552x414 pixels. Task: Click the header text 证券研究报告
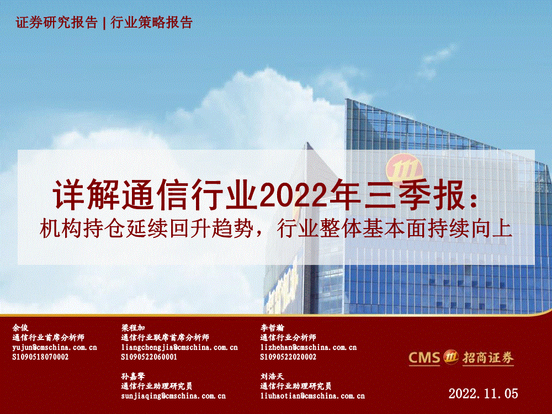pyautogui.click(x=57, y=23)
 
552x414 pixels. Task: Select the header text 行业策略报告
pyautogui.click(x=152, y=23)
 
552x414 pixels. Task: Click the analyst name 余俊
pyautogui.click(x=20, y=328)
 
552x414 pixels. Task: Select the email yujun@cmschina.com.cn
pyautogui.click(x=55, y=347)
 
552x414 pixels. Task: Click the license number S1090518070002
pyautogui.click(x=40, y=357)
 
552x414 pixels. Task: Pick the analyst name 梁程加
pyautogui.click(x=133, y=328)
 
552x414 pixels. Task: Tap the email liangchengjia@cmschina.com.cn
pyautogui.click(x=179, y=347)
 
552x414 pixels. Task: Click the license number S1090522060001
pyautogui.click(x=149, y=357)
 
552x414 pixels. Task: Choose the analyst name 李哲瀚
pyautogui.click(x=272, y=328)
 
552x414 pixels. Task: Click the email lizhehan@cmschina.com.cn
pyautogui.click(x=309, y=347)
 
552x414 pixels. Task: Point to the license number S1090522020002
pyautogui.click(x=288, y=357)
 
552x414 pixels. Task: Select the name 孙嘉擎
pyautogui.click(x=133, y=376)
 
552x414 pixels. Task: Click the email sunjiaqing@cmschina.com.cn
pyautogui.click(x=173, y=396)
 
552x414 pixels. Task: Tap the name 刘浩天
pyautogui.click(x=272, y=376)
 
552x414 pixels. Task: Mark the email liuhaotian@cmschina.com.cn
pyautogui.click(x=312, y=396)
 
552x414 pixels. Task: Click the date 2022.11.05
pyautogui.click(x=484, y=394)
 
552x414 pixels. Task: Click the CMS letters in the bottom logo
pyautogui.click(x=424, y=358)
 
